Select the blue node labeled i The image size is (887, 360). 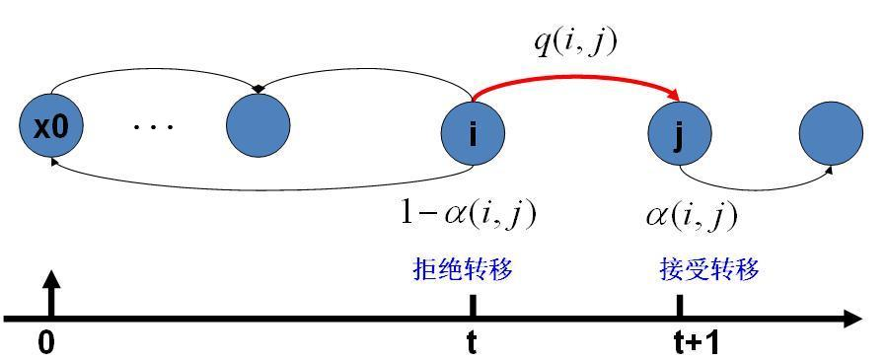pos(473,132)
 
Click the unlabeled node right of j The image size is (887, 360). pos(831,132)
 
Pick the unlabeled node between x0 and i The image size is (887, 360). pos(259,126)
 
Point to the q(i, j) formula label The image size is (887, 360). pos(576,42)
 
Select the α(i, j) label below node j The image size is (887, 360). pos(692,214)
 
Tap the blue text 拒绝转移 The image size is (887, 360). pos(463,269)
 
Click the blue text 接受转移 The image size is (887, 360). pos(709,269)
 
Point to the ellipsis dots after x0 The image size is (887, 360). pos(153,127)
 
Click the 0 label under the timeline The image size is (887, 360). pos(45,342)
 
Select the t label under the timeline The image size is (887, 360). pos(472,342)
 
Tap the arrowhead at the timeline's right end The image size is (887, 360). pos(850,318)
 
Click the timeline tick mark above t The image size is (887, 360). pos(473,306)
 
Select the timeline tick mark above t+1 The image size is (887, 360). pos(680,306)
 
